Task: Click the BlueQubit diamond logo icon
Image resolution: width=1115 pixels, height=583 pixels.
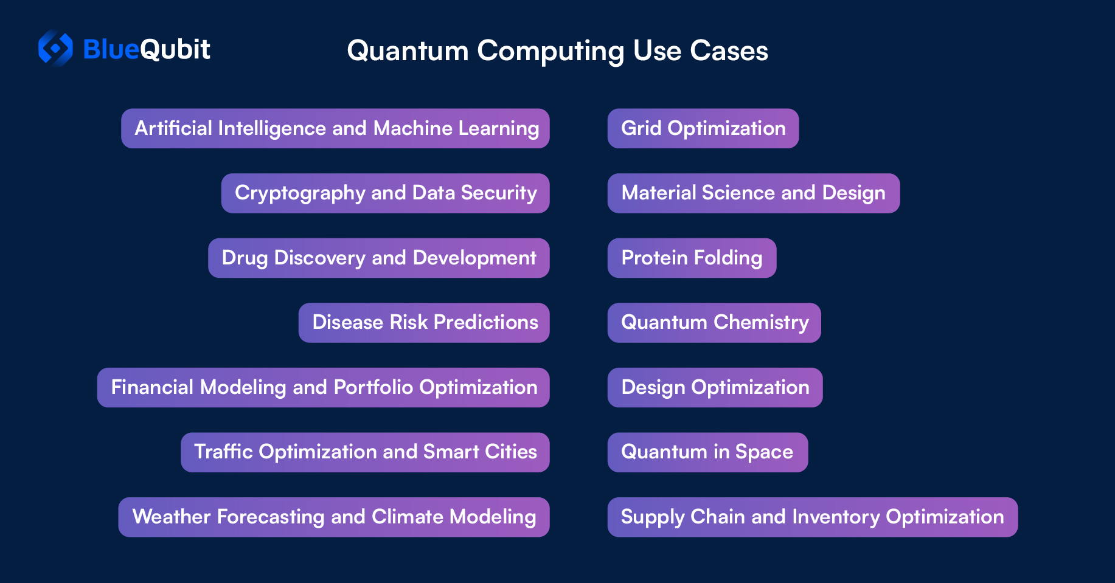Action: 55,48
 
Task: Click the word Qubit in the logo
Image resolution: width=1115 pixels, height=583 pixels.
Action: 175,49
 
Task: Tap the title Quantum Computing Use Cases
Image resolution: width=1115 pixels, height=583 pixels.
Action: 557,51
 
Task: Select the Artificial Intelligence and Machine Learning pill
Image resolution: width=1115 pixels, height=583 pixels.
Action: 335,128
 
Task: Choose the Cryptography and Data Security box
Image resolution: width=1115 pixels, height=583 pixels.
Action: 386,193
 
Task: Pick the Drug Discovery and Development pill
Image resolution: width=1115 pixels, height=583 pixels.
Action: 379,258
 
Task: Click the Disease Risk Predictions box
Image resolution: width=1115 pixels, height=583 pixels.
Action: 424,323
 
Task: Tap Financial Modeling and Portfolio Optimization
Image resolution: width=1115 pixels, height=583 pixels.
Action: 324,387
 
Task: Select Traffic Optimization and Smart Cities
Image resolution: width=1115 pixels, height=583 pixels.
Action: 365,452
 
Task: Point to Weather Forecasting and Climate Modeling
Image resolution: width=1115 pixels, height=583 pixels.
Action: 334,517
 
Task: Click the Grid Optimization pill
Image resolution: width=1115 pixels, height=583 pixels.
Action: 703,128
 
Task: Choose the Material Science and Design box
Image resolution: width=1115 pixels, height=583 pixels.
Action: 754,193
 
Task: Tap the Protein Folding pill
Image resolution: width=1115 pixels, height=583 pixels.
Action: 692,258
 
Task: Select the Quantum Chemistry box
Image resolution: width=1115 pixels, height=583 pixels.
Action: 714,323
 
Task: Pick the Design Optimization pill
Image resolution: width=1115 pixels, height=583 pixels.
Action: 715,387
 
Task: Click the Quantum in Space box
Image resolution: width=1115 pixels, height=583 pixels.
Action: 708,452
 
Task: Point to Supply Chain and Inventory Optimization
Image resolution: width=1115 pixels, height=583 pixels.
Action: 813,517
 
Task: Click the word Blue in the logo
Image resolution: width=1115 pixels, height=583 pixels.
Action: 111,49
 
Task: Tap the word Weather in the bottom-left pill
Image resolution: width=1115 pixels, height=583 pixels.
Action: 172,517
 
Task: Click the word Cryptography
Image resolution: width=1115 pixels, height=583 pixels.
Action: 300,193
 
